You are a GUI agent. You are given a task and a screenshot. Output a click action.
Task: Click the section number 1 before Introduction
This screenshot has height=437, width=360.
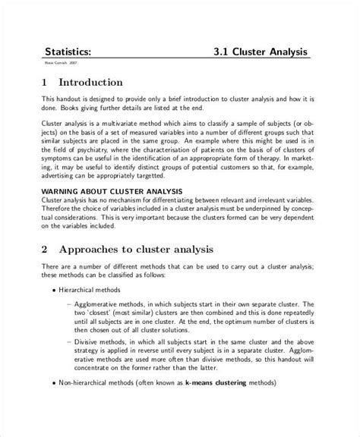click(x=44, y=82)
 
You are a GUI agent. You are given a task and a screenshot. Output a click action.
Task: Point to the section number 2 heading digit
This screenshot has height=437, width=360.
click(x=44, y=249)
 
